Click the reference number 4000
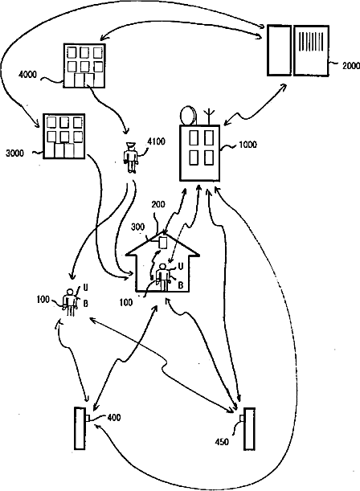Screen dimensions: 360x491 pos(27,75)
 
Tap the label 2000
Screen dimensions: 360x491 pos(350,66)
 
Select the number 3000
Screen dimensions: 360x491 pos(14,153)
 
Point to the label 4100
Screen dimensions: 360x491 pos(156,141)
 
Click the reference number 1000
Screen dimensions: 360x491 pos(247,145)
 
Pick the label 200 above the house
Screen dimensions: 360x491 pos(158,204)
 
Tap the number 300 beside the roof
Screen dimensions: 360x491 pos(137,227)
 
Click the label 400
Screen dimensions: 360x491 pos(114,417)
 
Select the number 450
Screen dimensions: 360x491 pos(222,442)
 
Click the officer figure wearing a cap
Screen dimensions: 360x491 pos(131,158)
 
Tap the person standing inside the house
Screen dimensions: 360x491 pos(162,277)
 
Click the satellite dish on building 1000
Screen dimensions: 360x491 pos(188,117)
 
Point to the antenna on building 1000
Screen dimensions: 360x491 pos(209,117)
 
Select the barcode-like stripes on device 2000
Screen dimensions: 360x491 pos(311,41)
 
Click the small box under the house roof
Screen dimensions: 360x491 pos(163,243)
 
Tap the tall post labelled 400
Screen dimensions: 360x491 pos(80,428)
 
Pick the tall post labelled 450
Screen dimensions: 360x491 pos(249,428)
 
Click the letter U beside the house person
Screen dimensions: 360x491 pos(181,267)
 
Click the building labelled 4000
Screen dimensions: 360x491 pos(84,65)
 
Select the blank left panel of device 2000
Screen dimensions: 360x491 pos(279,51)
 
